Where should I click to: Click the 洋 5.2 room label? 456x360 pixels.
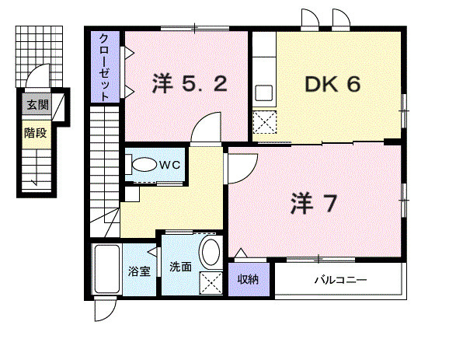pyautogui.click(x=190, y=84)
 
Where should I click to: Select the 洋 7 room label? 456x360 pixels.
pyautogui.click(x=315, y=204)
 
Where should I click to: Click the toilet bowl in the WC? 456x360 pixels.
pyautogui.click(x=143, y=166)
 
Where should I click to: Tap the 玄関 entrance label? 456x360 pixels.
pyautogui.click(x=35, y=106)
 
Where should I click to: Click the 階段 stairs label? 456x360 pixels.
pyautogui.click(x=35, y=132)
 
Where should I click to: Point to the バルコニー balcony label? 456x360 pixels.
pyautogui.click(x=339, y=280)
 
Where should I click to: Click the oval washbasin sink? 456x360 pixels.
pyautogui.click(x=210, y=253)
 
